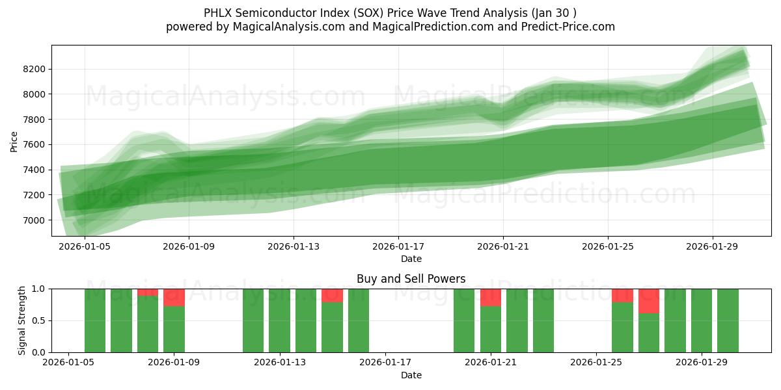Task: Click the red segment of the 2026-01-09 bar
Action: coord(174,297)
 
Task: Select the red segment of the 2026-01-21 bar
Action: coord(491,297)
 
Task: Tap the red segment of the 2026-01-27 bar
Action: coord(649,301)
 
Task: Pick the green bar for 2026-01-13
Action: coord(279,320)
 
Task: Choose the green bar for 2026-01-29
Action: coord(702,320)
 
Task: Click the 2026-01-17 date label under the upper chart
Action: coord(398,247)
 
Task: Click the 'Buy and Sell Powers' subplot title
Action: coord(411,279)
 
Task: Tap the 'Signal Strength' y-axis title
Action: coord(22,320)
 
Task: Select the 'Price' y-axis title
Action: coord(14,140)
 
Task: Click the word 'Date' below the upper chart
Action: coord(411,259)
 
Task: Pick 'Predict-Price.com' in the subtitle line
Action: coord(562,27)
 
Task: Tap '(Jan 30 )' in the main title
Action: coord(553,13)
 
